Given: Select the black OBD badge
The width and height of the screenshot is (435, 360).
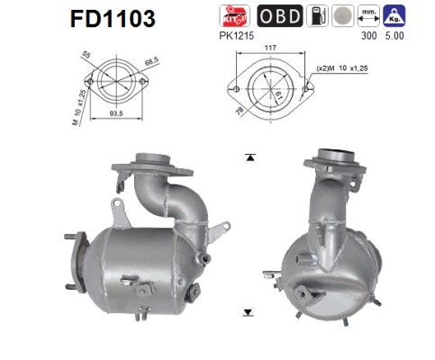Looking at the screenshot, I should [280, 17].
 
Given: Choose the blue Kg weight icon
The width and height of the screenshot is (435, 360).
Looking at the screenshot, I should [393, 17].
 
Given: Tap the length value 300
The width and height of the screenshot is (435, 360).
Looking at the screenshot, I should [366, 38].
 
